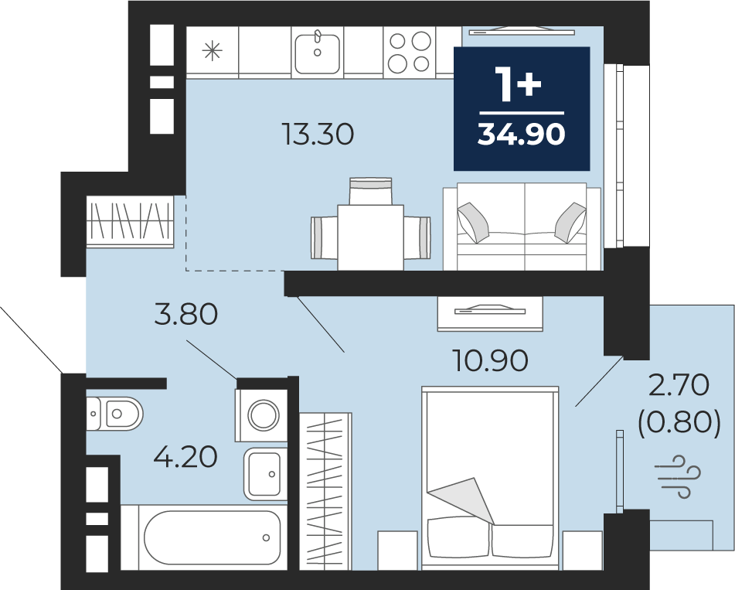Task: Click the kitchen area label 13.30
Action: pyautogui.click(x=318, y=134)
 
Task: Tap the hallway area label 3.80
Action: pyautogui.click(x=186, y=314)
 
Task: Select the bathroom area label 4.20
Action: pyautogui.click(x=185, y=456)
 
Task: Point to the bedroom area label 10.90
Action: pyautogui.click(x=490, y=360)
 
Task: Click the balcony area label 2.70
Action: pyautogui.click(x=679, y=386)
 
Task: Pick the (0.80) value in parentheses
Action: pyautogui.click(x=679, y=421)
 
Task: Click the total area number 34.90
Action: pyautogui.click(x=521, y=134)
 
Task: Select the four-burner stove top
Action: pyautogui.click(x=410, y=52)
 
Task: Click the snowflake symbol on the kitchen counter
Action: pyautogui.click(x=213, y=51)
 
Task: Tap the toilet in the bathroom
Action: pyautogui.click(x=114, y=414)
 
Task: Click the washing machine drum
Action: pyautogui.click(x=264, y=415)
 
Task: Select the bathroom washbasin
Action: pyautogui.click(x=265, y=474)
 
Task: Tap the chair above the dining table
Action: pyautogui.click(x=370, y=191)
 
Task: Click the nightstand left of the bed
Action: pyautogui.click(x=397, y=551)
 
